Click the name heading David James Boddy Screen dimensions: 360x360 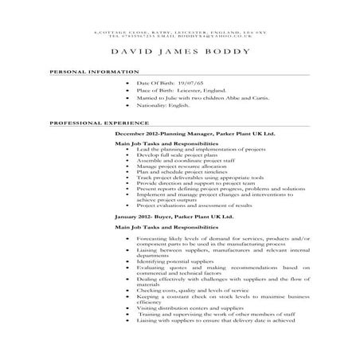pos(180,52)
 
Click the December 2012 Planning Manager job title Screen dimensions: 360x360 pos(195,135)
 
